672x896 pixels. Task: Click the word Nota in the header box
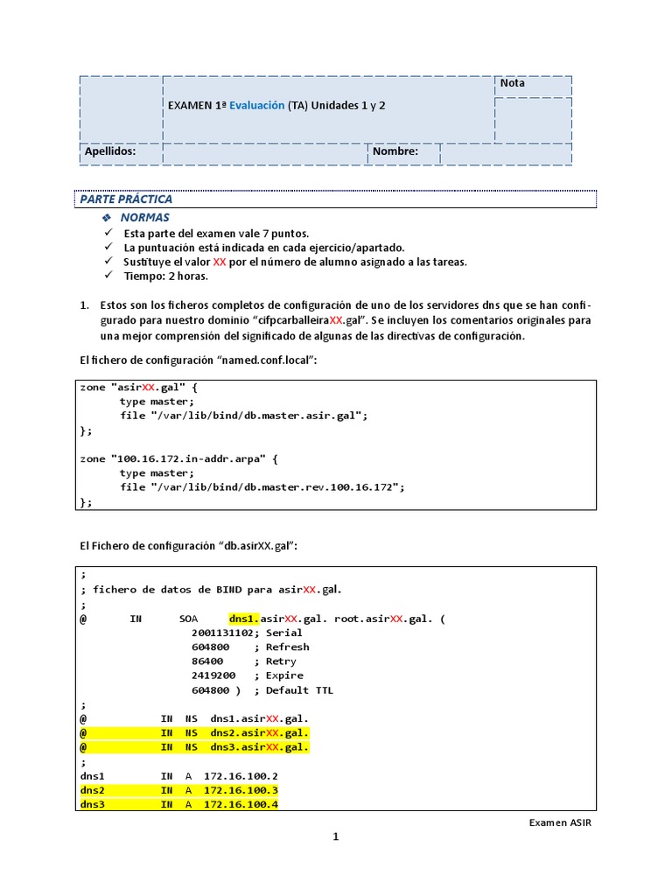point(513,83)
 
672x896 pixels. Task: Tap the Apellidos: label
point(109,151)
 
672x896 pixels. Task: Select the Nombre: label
point(395,151)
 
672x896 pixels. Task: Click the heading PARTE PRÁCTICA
point(126,199)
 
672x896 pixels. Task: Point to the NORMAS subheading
point(145,217)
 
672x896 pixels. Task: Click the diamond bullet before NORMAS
point(107,217)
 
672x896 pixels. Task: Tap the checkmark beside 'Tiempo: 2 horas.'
point(108,276)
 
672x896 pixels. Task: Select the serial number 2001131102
point(220,633)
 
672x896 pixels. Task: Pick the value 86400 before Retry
point(206,661)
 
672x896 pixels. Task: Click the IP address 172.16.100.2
point(241,776)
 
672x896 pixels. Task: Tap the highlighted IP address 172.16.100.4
point(241,804)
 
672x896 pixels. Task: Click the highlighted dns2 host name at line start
point(92,790)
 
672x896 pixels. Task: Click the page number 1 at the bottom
point(335,836)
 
